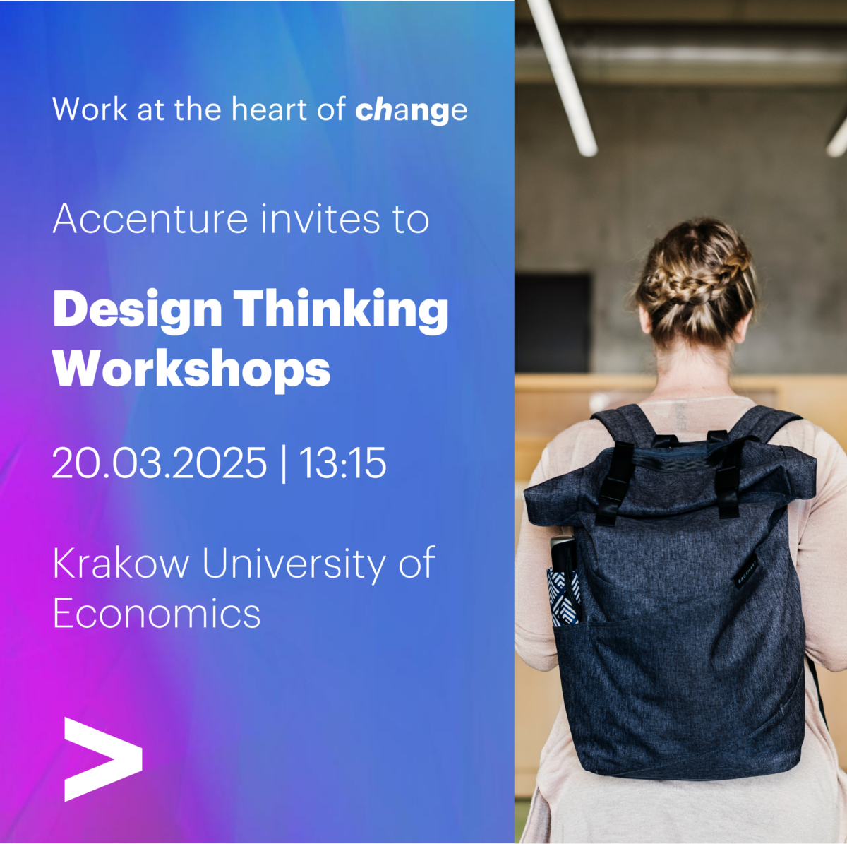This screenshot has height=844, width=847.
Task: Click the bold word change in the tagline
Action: (x=411, y=110)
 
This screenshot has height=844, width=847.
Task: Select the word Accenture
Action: (x=150, y=219)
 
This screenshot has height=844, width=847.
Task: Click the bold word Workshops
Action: (x=191, y=369)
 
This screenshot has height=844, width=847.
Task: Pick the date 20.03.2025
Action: (x=160, y=464)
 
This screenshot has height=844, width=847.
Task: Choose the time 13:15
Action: (x=343, y=464)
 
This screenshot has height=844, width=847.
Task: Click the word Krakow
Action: (x=121, y=564)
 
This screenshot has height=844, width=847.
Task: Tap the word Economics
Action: (x=157, y=613)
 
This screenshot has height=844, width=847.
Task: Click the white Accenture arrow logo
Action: (x=102, y=759)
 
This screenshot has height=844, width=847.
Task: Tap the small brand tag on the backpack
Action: (x=747, y=569)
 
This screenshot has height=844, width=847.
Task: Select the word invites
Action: (x=320, y=219)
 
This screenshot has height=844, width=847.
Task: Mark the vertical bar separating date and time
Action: (x=284, y=464)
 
